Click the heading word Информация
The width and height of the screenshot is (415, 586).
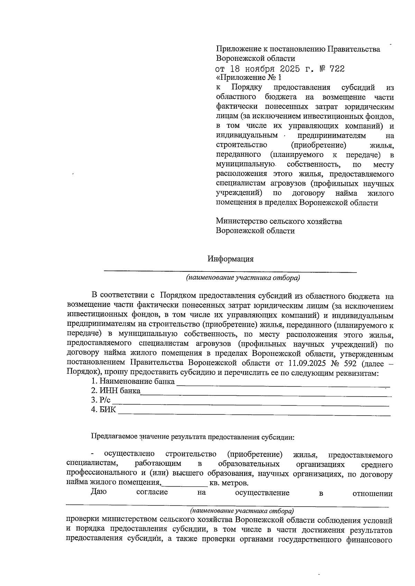pos(230,259)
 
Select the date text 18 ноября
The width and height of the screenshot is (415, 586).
pos(252,69)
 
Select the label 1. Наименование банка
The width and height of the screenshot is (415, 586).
pos(133,381)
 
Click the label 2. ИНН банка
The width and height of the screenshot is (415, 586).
pos(116,391)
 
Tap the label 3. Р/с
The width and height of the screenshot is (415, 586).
pos(101,400)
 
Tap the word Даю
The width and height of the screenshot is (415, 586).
pos(99,492)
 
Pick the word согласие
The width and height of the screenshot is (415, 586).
pos(152,492)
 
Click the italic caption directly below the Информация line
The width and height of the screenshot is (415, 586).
pos(242,278)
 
